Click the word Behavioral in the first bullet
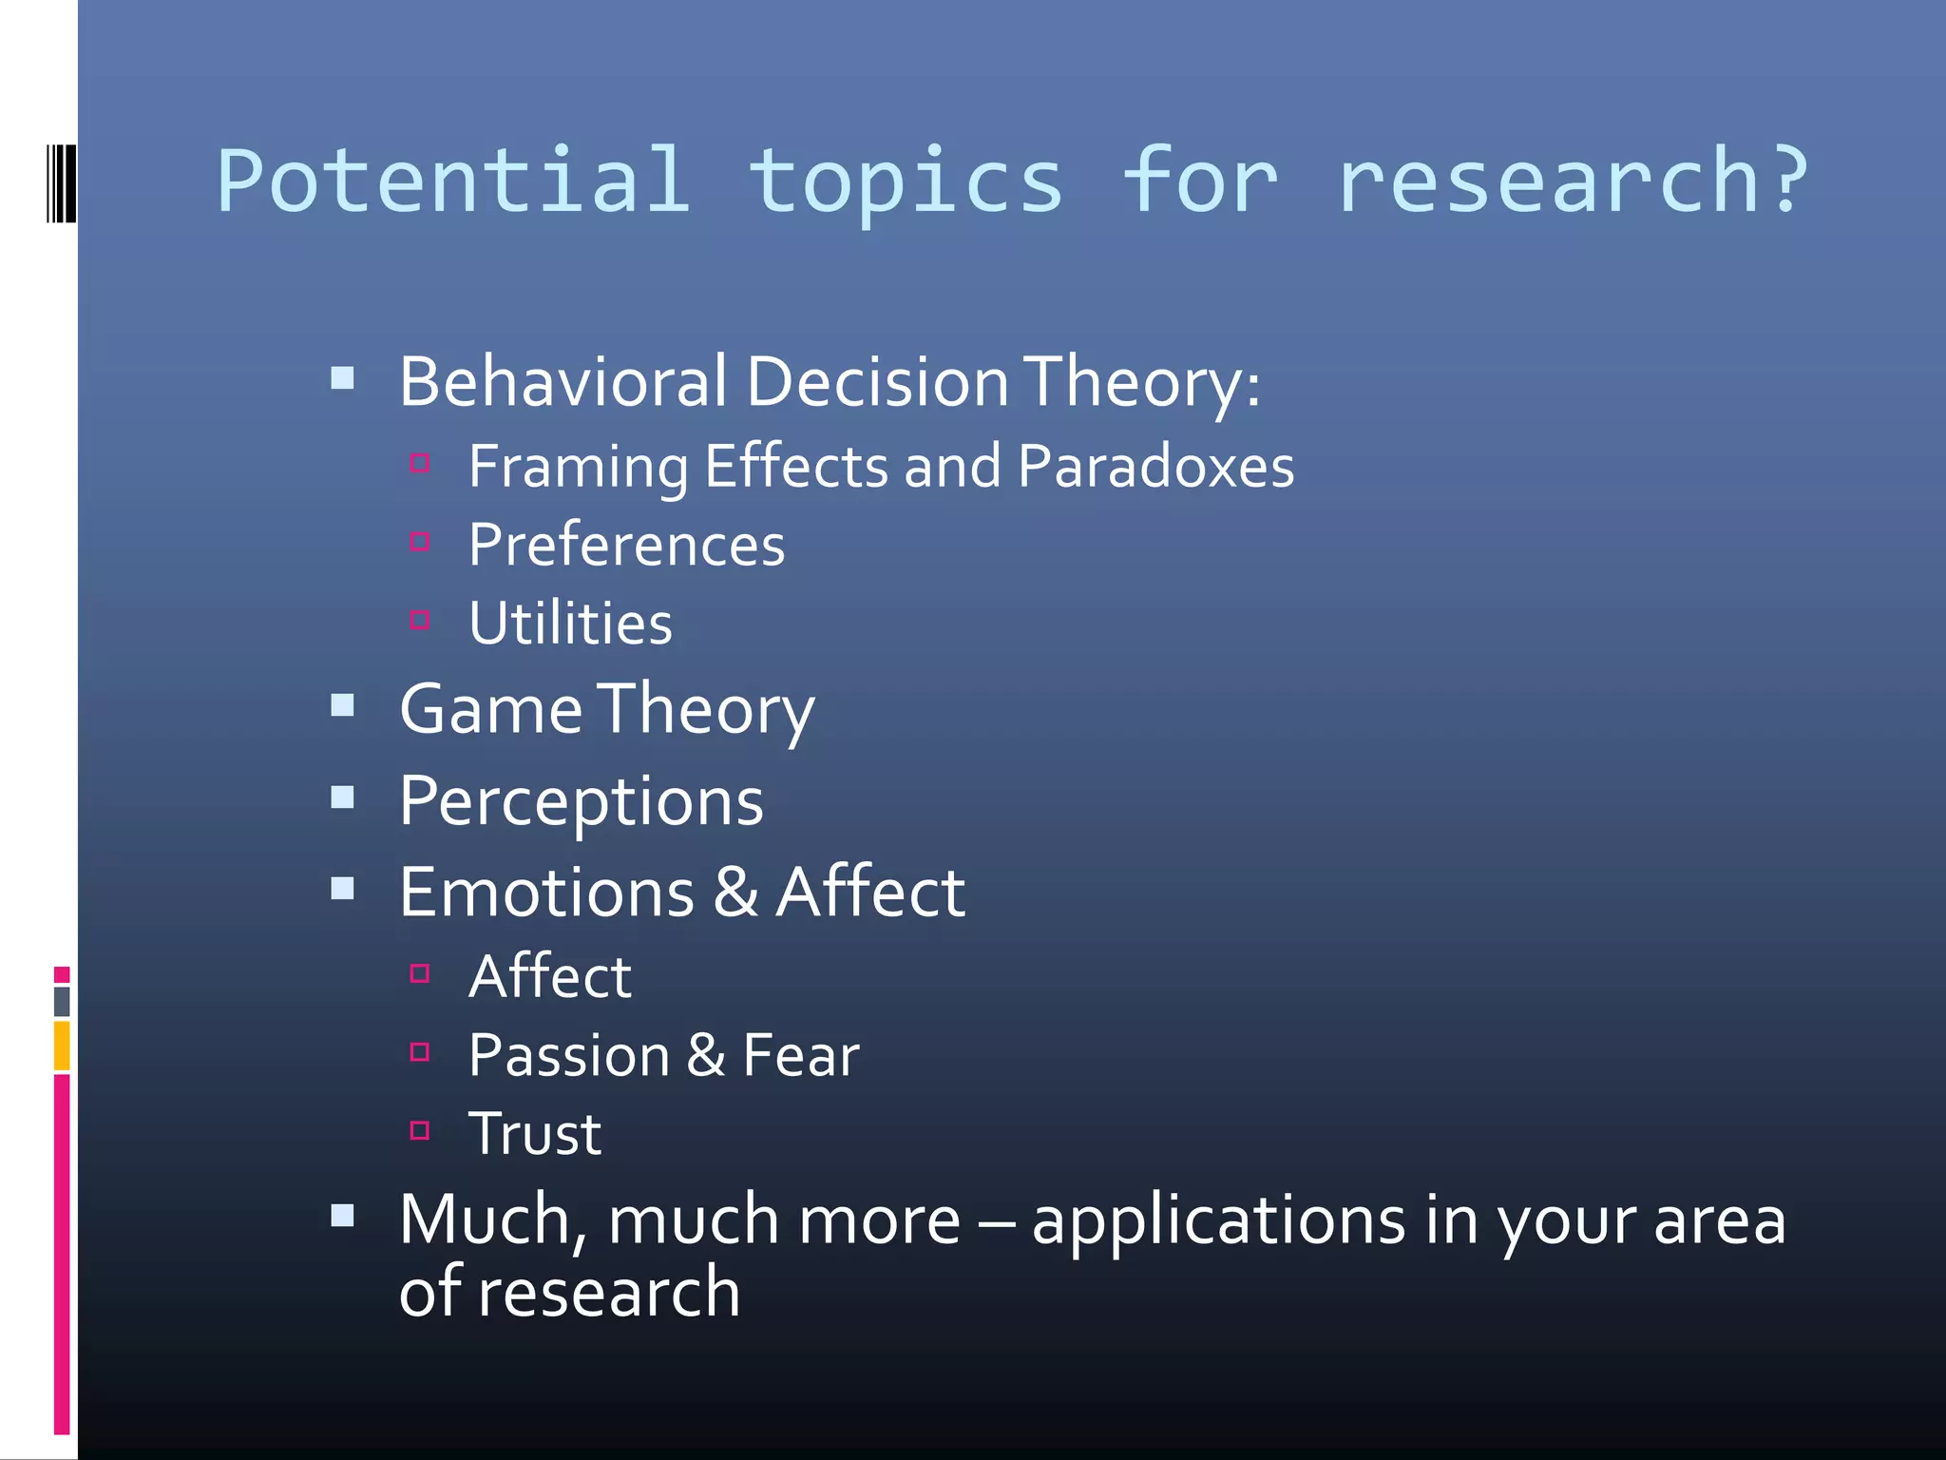pos(563,382)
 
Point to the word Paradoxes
pos(1155,467)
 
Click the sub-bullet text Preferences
pos(626,546)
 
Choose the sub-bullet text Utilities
pos(570,624)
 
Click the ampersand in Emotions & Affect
pos(735,893)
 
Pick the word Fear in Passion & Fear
pos(800,1055)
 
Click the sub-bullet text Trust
pos(535,1134)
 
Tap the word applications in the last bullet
pos(1218,1220)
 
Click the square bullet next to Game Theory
pos(343,705)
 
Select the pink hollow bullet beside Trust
pos(420,1130)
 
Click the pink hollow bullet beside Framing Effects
pos(420,463)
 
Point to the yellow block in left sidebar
pos(62,1046)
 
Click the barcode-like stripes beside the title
pos(61,182)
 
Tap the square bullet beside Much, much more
pos(343,1216)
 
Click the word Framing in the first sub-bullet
pos(578,467)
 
